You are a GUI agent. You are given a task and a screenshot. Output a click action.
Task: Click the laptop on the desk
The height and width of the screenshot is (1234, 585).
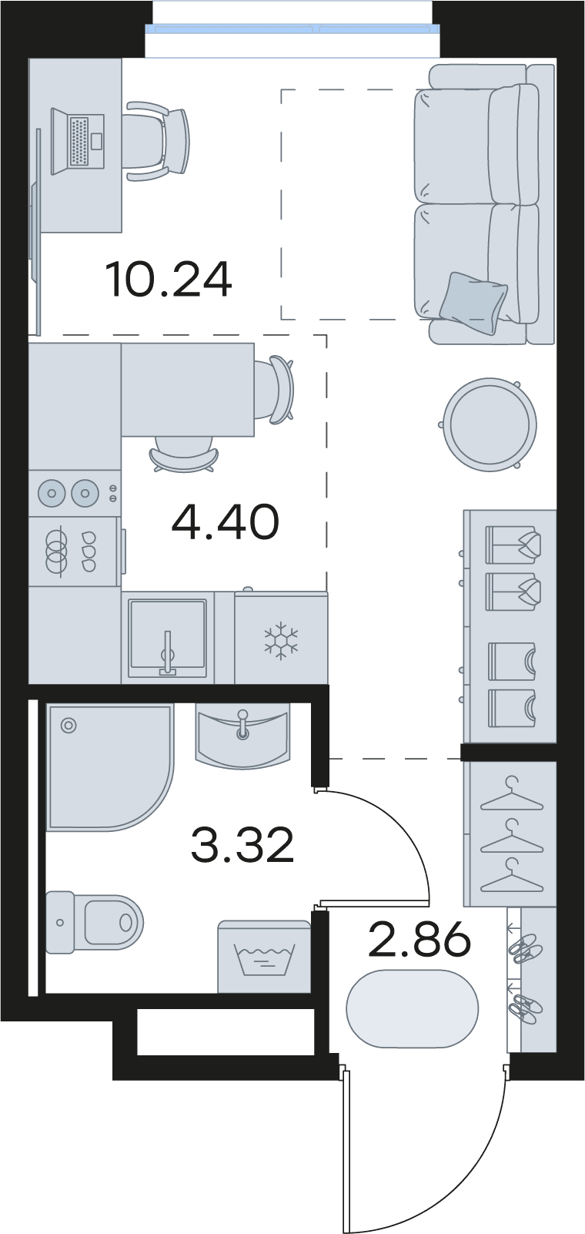[78, 141]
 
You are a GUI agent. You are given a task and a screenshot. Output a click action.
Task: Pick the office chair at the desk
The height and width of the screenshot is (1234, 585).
[158, 140]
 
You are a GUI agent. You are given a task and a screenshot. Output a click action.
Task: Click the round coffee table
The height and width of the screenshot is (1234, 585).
[490, 424]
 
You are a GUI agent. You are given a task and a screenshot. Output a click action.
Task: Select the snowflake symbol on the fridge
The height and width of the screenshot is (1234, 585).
[281, 641]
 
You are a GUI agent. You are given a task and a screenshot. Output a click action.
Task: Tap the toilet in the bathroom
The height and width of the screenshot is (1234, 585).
[95, 923]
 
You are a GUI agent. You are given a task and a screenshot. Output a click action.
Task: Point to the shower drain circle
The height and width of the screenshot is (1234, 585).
[69, 726]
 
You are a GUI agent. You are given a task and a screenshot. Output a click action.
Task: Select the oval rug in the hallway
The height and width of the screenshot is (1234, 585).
[413, 1008]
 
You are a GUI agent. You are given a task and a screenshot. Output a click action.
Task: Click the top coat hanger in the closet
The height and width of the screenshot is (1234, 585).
[512, 794]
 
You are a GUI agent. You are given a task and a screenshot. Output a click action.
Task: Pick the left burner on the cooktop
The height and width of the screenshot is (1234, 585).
[52, 493]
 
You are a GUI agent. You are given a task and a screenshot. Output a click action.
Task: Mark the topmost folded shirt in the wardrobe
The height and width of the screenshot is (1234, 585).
[513, 545]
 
